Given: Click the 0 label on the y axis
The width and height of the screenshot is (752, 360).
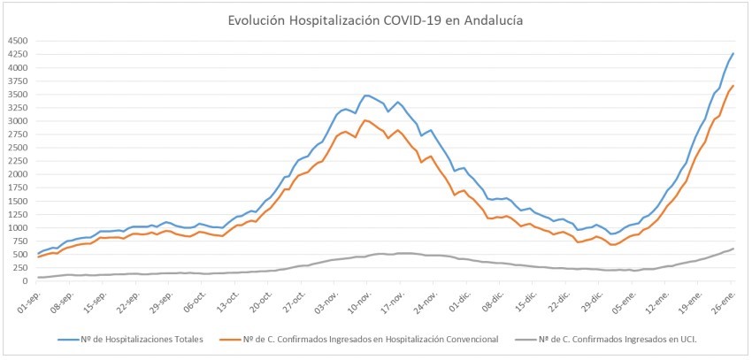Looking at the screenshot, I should pos(26,280).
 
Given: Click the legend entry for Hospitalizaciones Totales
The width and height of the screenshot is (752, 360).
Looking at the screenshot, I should pos(129,339).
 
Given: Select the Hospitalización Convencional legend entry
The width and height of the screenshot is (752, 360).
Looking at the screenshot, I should pos(373,339).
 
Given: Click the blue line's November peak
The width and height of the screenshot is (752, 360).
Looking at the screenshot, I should pos(365,95).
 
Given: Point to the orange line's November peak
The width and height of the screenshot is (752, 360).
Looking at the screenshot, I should pos(365,119).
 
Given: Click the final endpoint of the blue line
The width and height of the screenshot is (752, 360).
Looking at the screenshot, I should pos(733,54).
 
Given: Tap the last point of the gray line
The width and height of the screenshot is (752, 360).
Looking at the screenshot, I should pos(733,249).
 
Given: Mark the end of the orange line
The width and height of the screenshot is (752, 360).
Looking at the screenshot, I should pos(733,86).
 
